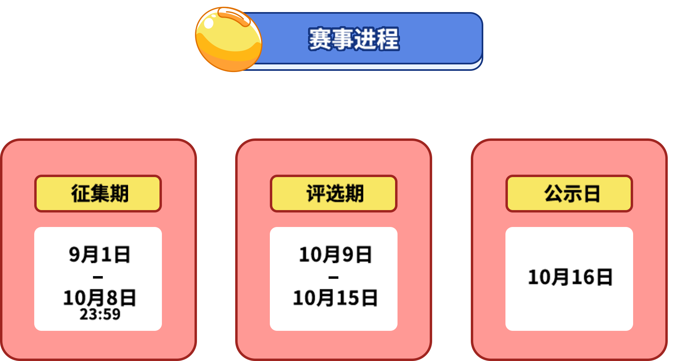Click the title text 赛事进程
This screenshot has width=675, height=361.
pos(354,39)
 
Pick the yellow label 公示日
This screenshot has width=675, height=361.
pos(569,194)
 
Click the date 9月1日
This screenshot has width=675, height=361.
pos(99,255)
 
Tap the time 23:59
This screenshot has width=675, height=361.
pos(100,314)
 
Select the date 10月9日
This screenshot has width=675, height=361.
pos(335,255)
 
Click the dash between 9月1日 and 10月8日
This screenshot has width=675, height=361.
pos(98,277)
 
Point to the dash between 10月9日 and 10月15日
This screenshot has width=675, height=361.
pos(333,277)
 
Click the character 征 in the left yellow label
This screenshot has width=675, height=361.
pos(80,194)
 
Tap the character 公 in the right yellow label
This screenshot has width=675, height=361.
pos(553,194)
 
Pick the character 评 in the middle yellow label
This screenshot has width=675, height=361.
pos(315,194)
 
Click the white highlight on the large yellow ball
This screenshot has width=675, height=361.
pos(209,23)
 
